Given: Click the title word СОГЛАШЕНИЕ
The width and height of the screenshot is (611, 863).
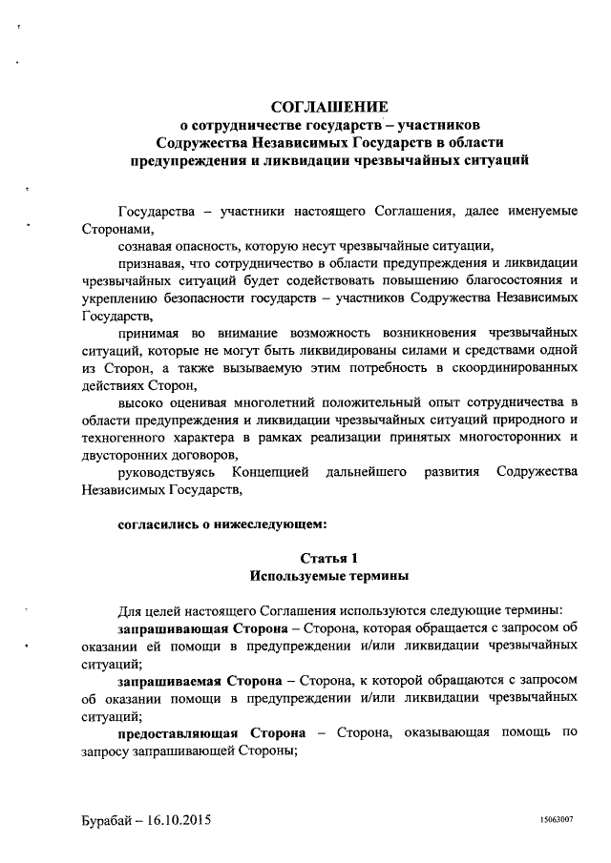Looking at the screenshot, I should pos(328,106).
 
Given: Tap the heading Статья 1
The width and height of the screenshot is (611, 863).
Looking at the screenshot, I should pos(328,558).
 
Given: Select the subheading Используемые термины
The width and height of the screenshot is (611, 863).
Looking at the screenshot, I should pos(328,576).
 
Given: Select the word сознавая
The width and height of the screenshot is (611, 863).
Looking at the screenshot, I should pos(146,245).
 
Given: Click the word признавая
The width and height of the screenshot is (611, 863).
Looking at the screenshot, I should pos(150,262).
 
